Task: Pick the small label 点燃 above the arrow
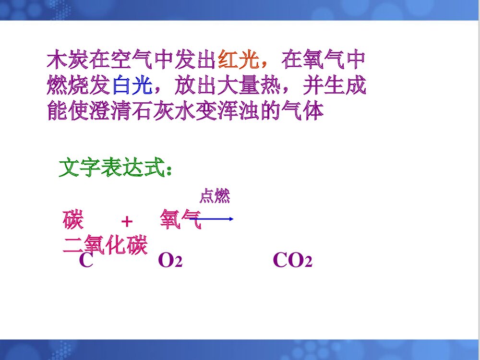point(215,196)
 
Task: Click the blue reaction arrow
point(216,219)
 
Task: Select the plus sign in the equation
point(127,221)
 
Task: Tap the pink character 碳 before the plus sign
point(73,220)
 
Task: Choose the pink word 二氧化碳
point(105,245)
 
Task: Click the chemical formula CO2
point(292,261)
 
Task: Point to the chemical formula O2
point(170,261)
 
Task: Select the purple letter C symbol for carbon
point(86,261)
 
